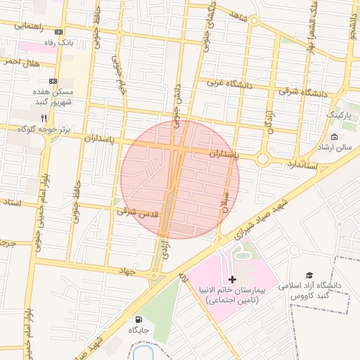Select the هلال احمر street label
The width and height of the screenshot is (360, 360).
19,63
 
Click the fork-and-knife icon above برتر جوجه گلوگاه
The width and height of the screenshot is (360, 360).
44,117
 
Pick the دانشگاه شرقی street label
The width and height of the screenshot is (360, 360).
302,91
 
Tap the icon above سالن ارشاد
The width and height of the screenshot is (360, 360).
333,136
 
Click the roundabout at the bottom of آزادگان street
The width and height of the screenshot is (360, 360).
264,160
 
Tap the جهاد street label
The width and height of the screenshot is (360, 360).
127,269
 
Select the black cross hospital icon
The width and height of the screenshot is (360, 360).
233,279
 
